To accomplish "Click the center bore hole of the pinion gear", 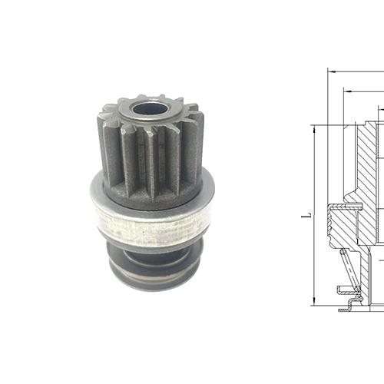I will [147, 108].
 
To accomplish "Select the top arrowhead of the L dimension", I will [314, 129].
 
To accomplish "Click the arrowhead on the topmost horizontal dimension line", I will [330, 71].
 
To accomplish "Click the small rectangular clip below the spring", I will [344, 289].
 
